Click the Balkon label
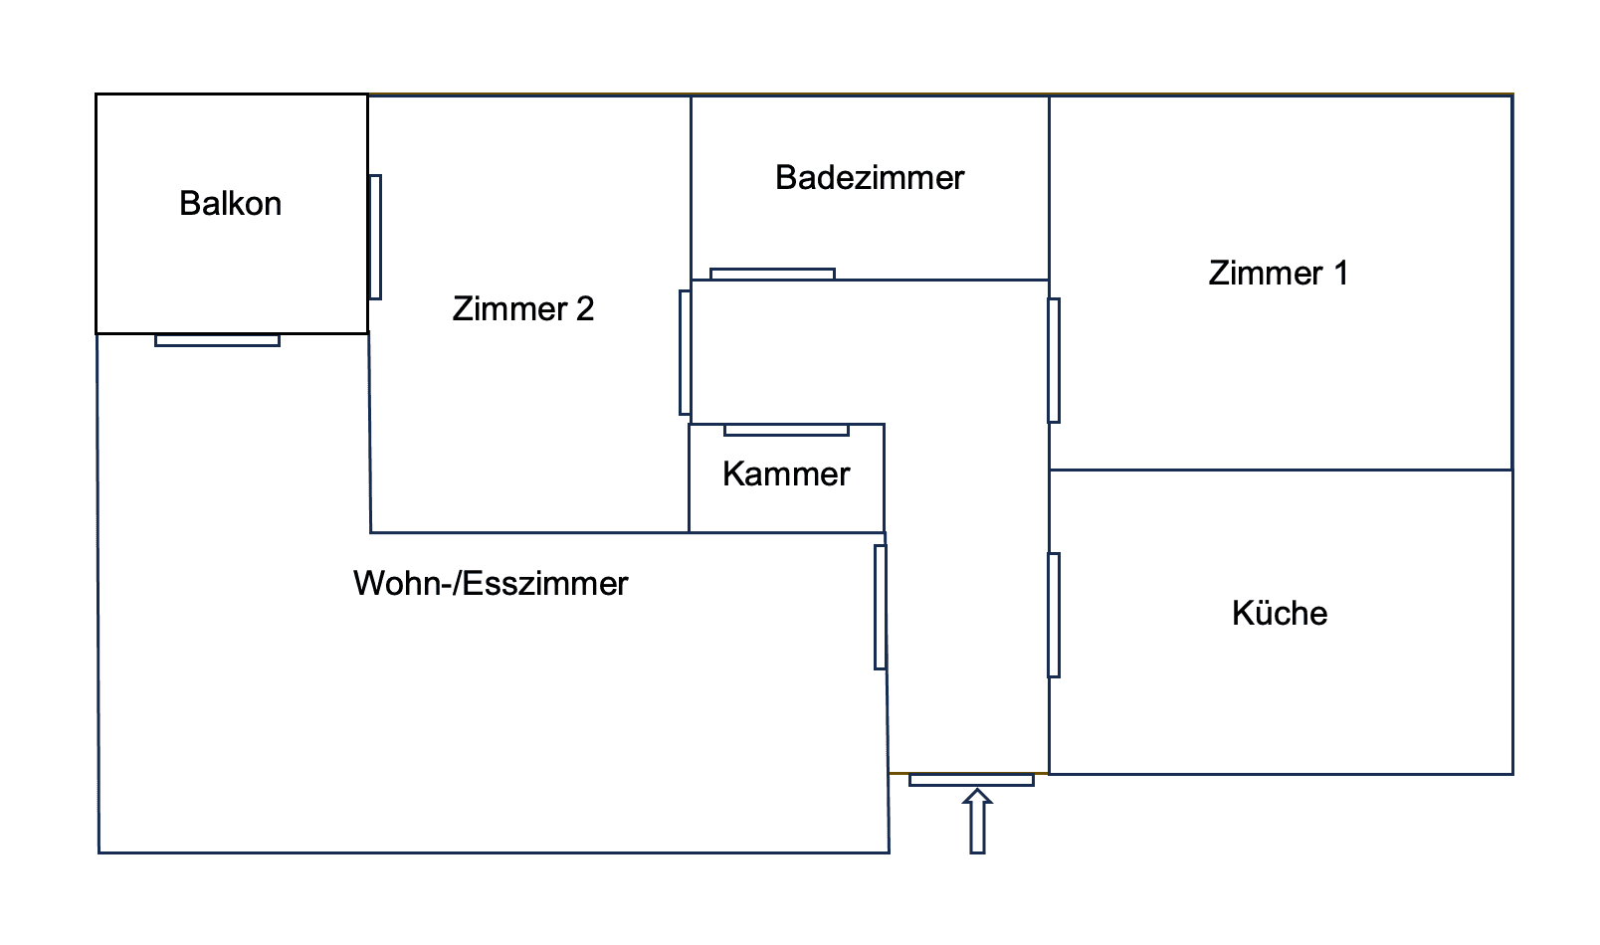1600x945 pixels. (x=230, y=204)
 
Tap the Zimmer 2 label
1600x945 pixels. (x=522, y=309)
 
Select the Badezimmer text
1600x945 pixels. (x=870, y=178)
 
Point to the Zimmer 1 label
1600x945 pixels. (x=1278, y=274)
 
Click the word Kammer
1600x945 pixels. (x=786, y=474)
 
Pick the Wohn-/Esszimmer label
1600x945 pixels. (x=491, y=584)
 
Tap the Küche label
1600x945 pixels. (x=1280, y=614)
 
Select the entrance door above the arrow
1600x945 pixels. (x=971, y=780)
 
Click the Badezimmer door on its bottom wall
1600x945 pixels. (x=772, y=274)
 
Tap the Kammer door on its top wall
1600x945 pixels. (x=786, y=430)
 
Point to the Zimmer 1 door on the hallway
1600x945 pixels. (x=1054, y=360)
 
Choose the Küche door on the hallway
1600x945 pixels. (x=1054, y=615)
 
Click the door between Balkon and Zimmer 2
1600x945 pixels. (x=375, y=237)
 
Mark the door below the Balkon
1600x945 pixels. (x=217, y=340)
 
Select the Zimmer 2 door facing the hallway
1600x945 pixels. (x=685, y=352)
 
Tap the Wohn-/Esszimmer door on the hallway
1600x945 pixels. (x=880, y=607)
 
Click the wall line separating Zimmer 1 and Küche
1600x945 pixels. (x=1281, y=470)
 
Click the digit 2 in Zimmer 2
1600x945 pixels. (x=585, y=309)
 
